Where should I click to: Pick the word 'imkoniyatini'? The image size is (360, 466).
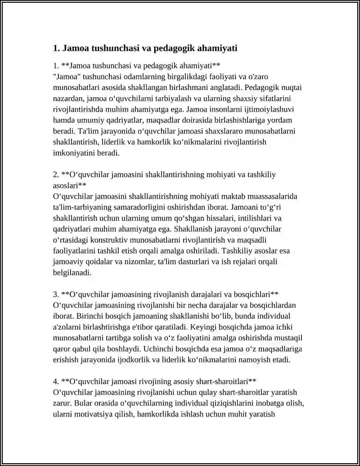coord(73,153)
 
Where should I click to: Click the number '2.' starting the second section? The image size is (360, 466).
coord(56,175)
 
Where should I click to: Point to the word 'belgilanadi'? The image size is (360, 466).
coord(72,273)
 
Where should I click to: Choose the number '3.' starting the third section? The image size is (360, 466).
coord(56,294)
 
